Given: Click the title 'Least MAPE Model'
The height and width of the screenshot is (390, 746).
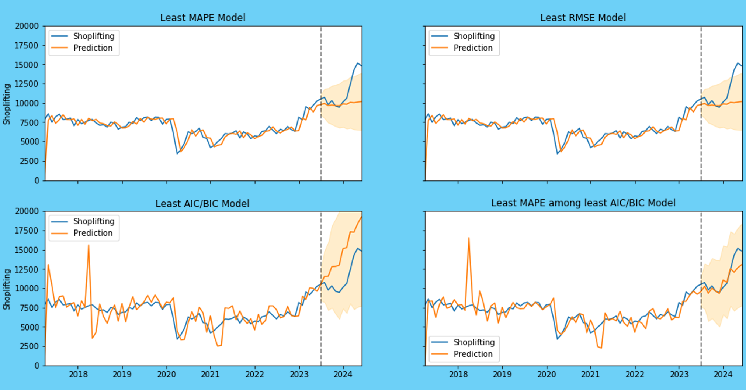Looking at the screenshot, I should tap(202, 18).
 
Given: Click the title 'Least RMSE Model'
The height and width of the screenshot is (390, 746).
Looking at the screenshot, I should tap(583, 18).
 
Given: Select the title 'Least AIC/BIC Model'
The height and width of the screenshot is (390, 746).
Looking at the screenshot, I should tap(202, 204).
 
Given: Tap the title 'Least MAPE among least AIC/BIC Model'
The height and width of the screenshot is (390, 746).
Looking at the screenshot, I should tap(583, 203).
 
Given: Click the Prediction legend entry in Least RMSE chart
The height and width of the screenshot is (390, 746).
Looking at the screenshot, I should tap(472, 48).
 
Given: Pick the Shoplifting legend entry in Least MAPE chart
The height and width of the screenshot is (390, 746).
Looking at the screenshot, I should tap(94, 36).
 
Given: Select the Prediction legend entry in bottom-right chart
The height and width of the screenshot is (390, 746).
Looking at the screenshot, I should tap(472, 354).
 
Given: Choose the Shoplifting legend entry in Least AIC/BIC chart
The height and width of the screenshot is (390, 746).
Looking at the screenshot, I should tap(94, 221).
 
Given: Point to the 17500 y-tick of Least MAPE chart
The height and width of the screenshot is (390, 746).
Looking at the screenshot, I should tap(27, 45).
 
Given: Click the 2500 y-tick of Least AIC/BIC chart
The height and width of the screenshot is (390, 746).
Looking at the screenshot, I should tap(28, 346).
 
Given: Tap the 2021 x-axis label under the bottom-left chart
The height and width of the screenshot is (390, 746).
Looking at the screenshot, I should tap(210, 375).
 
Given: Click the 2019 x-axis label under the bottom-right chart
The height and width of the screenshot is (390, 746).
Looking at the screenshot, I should tap(502, 375).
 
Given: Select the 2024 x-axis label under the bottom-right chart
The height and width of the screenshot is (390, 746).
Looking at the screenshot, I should tap(723, 375).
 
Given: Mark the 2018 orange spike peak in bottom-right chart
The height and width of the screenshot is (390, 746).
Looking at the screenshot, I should tap(469, 238).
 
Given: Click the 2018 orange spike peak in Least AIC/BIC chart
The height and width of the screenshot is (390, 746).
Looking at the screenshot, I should tap(89, 245).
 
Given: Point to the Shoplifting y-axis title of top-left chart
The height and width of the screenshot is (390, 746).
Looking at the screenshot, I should tap(7, 104).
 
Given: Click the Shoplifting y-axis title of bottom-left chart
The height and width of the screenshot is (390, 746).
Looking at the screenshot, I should tap(7, 289).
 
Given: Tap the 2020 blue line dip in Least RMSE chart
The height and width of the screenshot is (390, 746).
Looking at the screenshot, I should tap(557, 153).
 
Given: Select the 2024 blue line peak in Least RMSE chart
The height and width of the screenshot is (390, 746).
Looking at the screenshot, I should tap(738, 63).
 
